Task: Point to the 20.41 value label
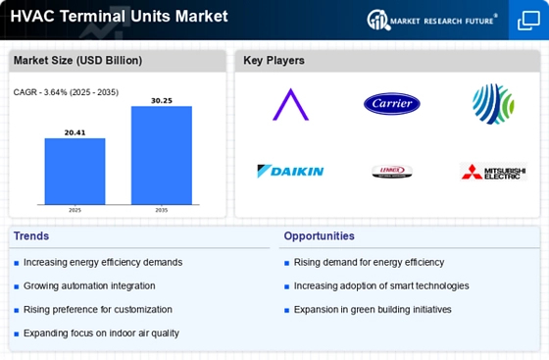click(75, 131)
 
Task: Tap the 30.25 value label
click(161, 100)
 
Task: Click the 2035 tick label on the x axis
click(161, 209)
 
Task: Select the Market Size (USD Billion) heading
click(76, 61)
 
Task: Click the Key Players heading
click(274, 61)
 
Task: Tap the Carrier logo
click(391, 103)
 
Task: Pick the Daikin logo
click(290, 172)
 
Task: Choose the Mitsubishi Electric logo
click(493, 172)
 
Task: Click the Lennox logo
click(391, 172)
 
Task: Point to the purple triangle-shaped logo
click(290, 104)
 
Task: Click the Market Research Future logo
click(430, 19)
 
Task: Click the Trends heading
click(30, 235)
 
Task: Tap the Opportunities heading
click(319, 235)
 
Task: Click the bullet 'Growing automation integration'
click(89, 285)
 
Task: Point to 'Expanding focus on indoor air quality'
click(101, 333)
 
